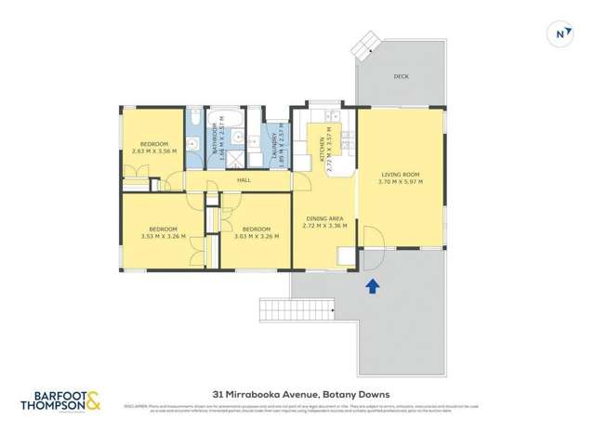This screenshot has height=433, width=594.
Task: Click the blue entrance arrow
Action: pos(374,287)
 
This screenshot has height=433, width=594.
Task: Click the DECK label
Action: pos(401,76)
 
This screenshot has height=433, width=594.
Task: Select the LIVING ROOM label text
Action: pos(401,175)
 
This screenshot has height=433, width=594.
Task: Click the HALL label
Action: pos(244,179)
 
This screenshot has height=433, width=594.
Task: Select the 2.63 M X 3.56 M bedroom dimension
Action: pos(151,151)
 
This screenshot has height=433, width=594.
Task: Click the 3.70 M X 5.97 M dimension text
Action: pos(401,182)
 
